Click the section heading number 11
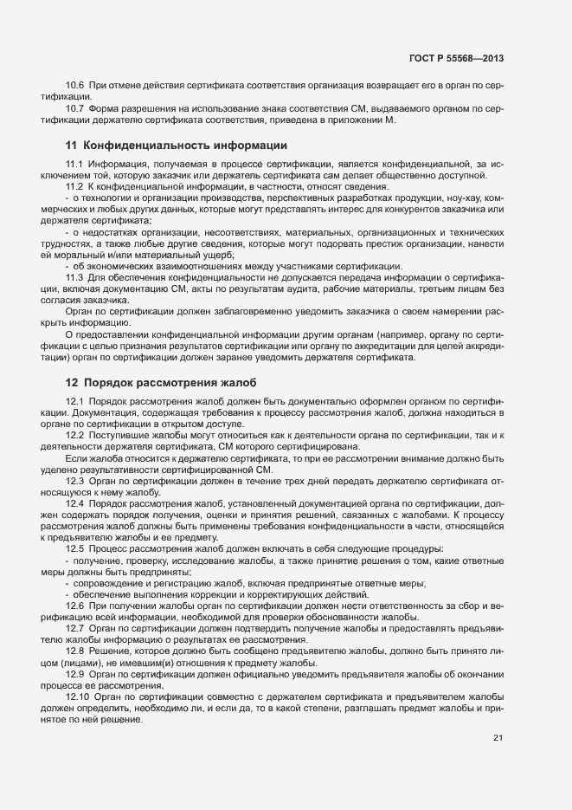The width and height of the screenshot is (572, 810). pos(72,144)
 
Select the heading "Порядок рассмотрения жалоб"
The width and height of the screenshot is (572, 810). pos(170,382)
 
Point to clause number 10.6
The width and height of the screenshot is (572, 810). pos(74,86)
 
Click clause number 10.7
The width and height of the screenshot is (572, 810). pos(74,109)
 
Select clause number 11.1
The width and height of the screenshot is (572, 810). pos(74,165)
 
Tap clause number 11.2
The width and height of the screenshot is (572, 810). pos(74,187)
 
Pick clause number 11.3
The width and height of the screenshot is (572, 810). pos(74,277)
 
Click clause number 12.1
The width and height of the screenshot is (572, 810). pos(74,402)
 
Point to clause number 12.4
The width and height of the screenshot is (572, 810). pos(74,503)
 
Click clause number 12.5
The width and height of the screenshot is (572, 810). pos(74,548)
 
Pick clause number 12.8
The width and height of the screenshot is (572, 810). pos(74,650)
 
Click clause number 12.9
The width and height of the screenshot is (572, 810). pos(74,673)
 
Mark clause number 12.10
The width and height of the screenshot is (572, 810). pos(77,696)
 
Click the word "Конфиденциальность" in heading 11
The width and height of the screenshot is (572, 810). pos(145,144)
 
